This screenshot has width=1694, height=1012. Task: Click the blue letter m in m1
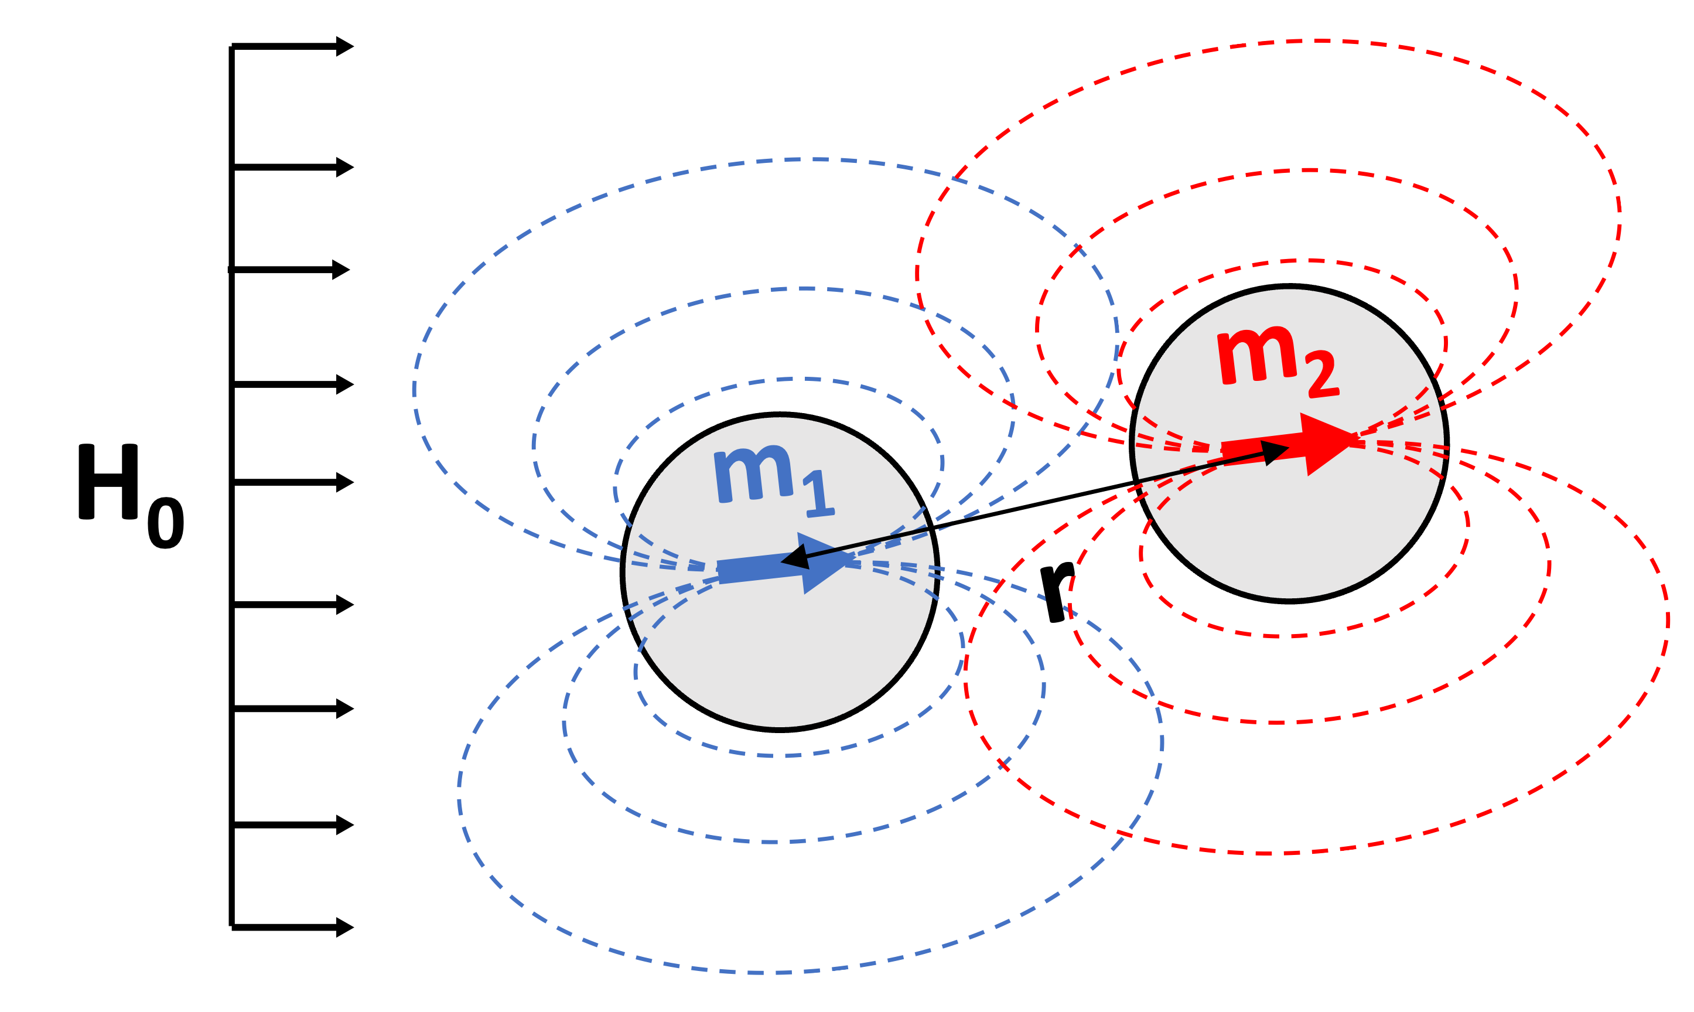click(753, 475)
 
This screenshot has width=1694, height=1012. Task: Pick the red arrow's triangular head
click(1326, 443)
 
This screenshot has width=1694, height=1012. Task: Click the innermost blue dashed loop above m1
click(784, 379)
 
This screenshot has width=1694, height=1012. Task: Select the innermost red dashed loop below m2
click(1289, 636)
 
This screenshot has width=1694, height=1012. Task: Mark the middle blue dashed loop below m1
click(770, 841)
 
